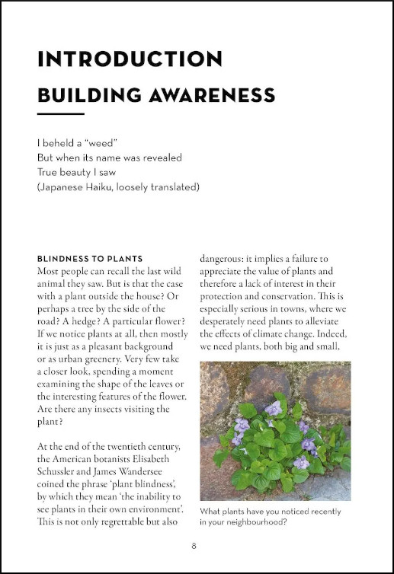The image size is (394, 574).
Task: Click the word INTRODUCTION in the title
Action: point(130,59)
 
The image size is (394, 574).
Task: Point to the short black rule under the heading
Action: point(60,114)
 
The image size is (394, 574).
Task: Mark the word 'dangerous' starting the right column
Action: point(226,259)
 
